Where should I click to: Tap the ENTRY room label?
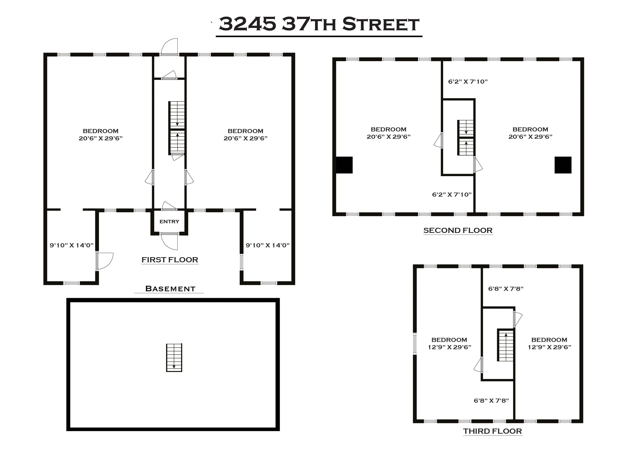tap(169, 221)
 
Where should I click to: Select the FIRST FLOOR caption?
tap(170, 260)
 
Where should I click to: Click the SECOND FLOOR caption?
tap(458, 230)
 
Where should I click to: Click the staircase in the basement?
tap(174, 357)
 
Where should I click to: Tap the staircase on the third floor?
tap(505, 345)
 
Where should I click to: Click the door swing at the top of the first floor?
tap(169, 47)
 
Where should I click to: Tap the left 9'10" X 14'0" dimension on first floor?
tap(71, 245)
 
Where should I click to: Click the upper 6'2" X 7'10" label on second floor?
tap(468, 81)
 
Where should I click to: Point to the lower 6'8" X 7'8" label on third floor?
tap(491, 401)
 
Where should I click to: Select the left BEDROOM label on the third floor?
tap(449, 340)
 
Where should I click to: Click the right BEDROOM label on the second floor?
tap(530, 129)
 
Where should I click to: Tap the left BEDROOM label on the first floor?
tap(100, 131)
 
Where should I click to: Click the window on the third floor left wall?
tap(415, 344)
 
